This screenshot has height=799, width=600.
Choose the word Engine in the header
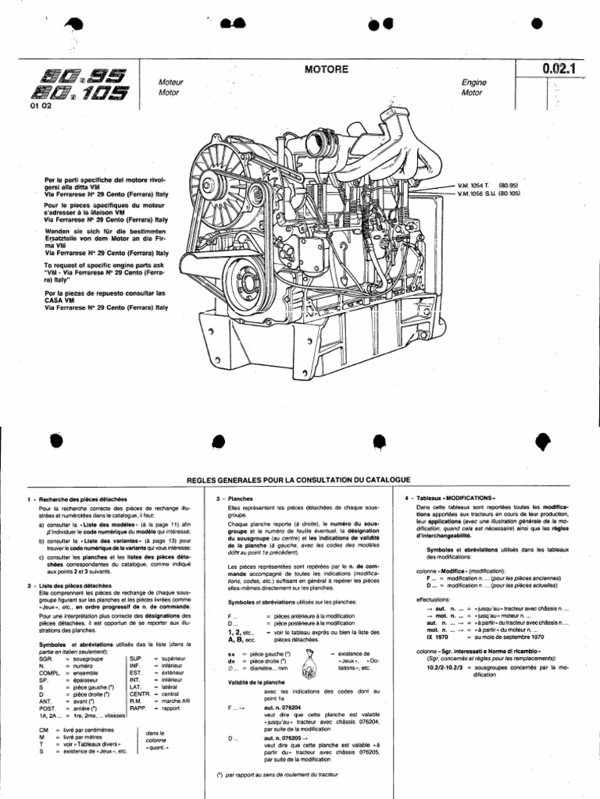[473, 81]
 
